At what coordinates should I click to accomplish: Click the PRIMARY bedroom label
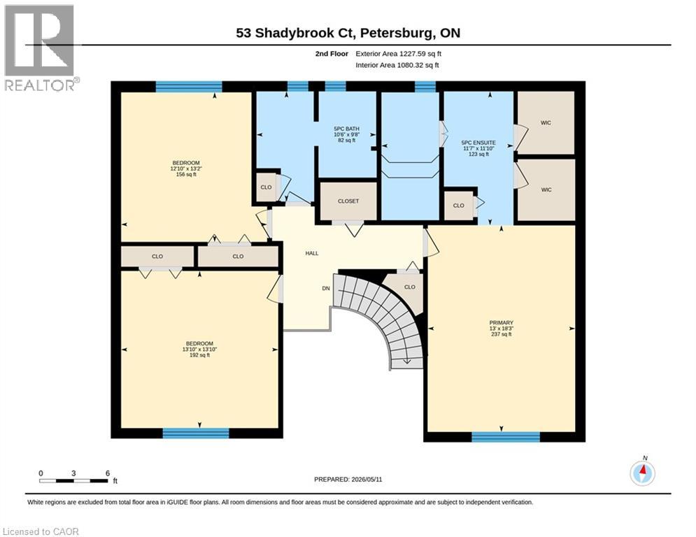[501, 322]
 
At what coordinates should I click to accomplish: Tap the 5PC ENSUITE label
[478, 143]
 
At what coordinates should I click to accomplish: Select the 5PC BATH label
[347, 129]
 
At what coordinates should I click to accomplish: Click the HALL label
[312, 253]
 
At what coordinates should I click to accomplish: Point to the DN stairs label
[326, 289]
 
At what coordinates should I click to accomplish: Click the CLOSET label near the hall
[348, 201]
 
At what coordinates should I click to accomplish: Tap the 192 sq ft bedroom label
[199, 343]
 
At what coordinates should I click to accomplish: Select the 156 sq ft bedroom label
[186, 163]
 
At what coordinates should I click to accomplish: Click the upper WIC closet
[546, 123]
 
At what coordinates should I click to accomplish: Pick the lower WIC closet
[546, 190]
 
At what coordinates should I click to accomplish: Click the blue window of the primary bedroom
[506, 437]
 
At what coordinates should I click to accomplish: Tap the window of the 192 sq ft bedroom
[196, 433]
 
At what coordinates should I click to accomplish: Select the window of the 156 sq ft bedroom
[189, 87]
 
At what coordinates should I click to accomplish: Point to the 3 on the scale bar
[73, 473]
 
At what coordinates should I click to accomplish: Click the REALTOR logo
[41, 48]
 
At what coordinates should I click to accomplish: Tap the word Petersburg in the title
[398, 33]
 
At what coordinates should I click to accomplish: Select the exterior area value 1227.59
[413, 54]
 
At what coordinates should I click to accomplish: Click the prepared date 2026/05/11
[367, 479]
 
